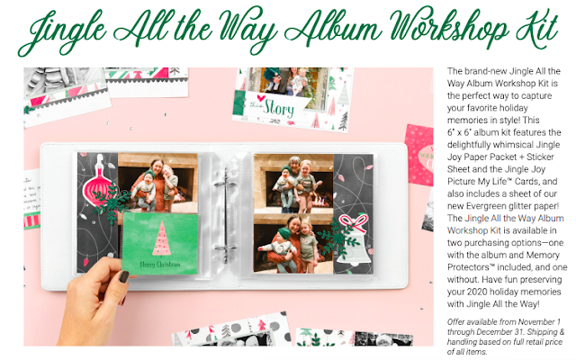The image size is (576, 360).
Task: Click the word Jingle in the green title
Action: [x=62, y=31]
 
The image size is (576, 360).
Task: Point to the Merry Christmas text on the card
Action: [x=160, y=264]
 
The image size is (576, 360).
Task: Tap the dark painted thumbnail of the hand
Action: [x=124, y=276]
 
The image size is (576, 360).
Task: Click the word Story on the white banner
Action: [x=279, y=108]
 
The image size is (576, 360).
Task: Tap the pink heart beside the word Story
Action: [x=261, y=98]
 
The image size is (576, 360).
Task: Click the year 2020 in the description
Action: [x=477, y=292]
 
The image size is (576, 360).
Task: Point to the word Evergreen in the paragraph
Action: [x=485, y=206]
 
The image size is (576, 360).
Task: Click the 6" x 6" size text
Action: [x=461, y=132]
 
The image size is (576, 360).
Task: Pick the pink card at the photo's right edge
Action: [x=419, y=155]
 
